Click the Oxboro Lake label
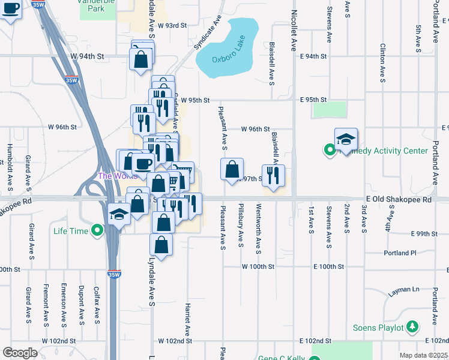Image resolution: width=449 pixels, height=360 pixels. tap(230, 59)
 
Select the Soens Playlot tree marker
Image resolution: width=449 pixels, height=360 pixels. tap(412, 327)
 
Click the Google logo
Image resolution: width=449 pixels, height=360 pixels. tap(20, 353)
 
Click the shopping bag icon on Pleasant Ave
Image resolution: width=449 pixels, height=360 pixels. tap(232, 170)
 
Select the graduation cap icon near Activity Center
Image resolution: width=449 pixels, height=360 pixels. tap(346, 140)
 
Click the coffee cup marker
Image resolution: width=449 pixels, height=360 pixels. tap(144, 163)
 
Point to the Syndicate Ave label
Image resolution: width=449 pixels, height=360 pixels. tap(208, 32)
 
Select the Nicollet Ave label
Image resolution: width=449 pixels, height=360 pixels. tap(295, 30)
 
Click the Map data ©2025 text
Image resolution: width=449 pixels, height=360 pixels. tap(423, 355)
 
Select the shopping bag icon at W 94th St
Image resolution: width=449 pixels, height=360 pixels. tap(140, 59)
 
